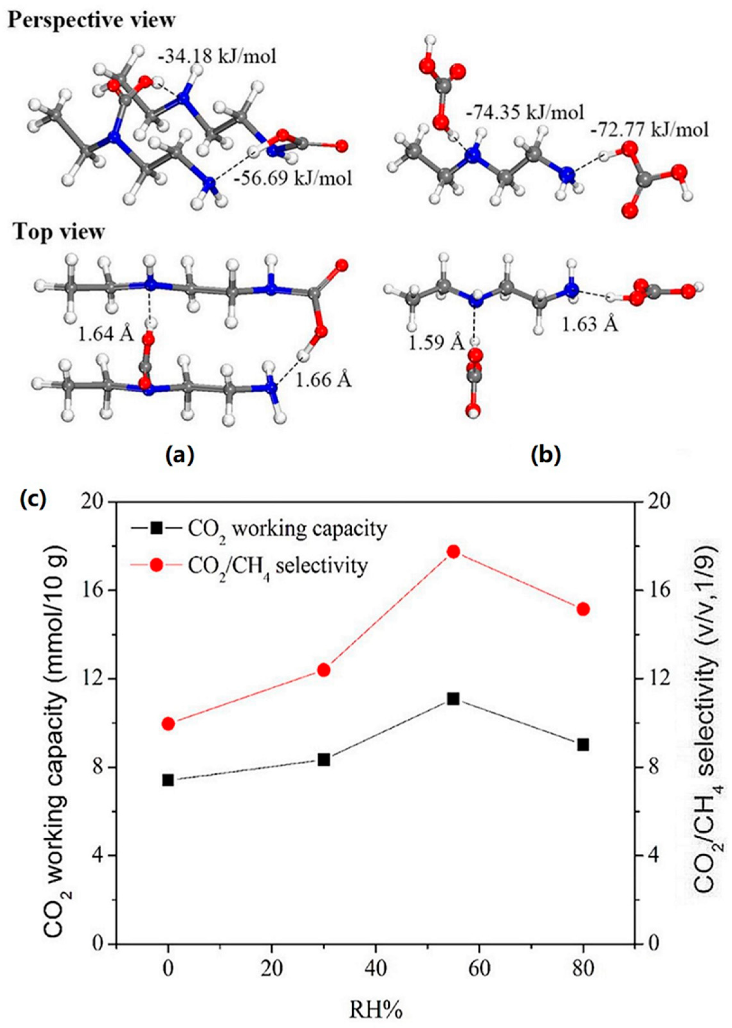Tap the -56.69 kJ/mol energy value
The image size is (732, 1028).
tap(293, 179)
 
